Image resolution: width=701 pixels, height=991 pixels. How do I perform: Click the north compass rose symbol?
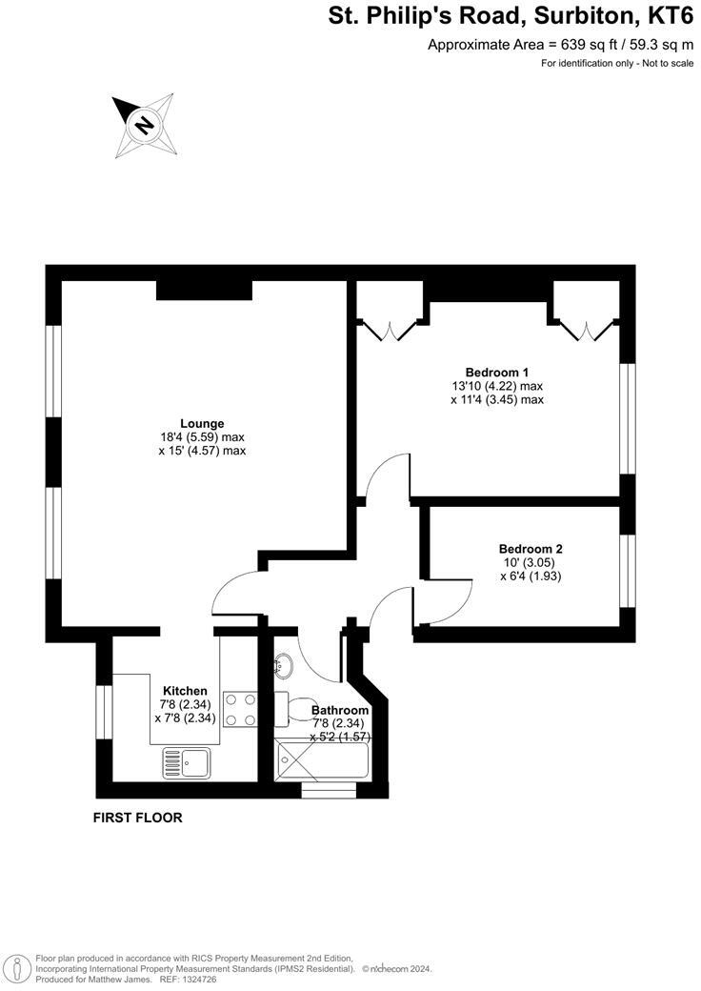(144, 124)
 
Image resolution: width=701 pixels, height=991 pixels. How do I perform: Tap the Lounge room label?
(202, 423)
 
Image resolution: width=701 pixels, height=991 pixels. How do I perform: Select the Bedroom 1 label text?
(496, 372)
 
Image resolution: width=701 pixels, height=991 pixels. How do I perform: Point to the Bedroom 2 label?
(531, 549)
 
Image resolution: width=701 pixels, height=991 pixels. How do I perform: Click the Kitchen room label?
(185, 691)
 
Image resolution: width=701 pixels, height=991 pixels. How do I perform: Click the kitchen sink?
(187, 761)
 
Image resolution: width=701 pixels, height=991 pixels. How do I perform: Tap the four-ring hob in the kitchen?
(240, 709)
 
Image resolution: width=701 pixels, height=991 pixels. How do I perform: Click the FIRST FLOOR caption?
(137, 818)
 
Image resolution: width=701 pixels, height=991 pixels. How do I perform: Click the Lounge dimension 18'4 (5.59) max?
(202, 437)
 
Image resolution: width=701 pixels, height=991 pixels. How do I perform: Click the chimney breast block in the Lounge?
(204, 290)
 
